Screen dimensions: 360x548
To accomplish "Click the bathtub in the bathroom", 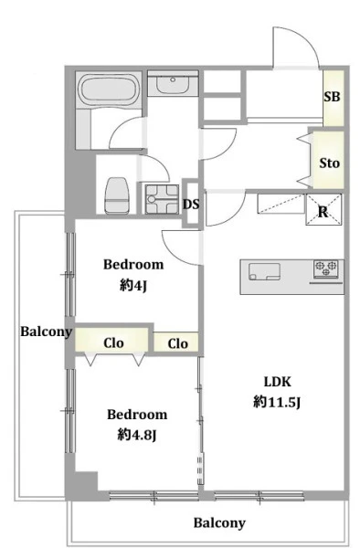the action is click(x=109, y=90).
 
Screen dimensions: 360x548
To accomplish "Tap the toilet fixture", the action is click(x=117, y=195).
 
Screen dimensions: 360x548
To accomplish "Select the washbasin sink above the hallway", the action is click(x=173, y=84).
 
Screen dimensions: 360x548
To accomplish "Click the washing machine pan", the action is click(x=162, y=199).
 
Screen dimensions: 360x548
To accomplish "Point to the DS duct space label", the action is click(x=191, y=204).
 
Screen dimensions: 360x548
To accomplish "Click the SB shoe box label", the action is click(x=332, y=97).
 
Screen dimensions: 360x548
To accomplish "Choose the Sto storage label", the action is click(x=329, y=163).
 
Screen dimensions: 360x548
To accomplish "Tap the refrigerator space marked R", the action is click(x=323, y=210).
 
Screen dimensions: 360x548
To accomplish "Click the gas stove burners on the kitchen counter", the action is click(x=326, y=269).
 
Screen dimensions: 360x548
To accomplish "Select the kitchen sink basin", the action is click(x=264, y=271).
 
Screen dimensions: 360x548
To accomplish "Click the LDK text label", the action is click(x=277, y=382).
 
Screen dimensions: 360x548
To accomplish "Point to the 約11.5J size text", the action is click(x=277, y=402).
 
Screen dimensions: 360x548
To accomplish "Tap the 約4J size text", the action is click(x=133, y=286).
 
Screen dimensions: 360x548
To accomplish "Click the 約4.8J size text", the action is click(x=137, y=435).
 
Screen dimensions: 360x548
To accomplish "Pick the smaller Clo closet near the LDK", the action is click(x=176, y=342).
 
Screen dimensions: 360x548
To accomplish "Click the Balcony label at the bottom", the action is click(x=219, y=522).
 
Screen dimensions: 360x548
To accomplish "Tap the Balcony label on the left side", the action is click(x=46, y=332).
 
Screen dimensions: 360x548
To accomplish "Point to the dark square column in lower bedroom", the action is click(x=86, y=482).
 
